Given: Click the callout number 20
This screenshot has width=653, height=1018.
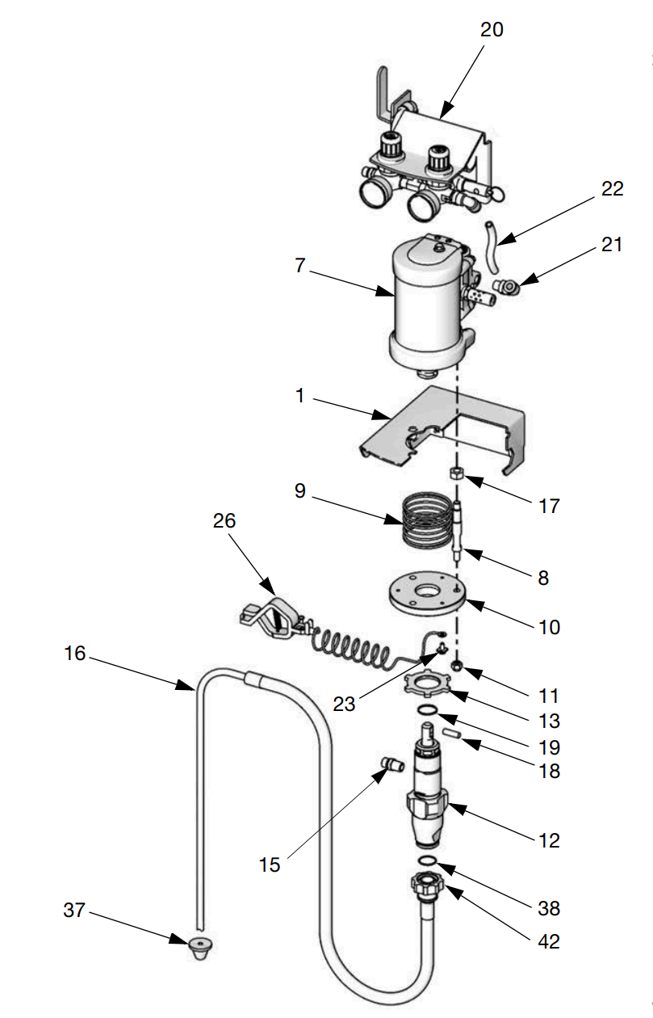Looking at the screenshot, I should coord(492,30).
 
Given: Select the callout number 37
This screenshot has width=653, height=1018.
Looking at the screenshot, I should coord(74,911).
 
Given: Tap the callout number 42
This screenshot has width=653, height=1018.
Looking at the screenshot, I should coord(549,942).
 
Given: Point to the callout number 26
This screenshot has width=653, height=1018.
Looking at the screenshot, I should coord(224,521).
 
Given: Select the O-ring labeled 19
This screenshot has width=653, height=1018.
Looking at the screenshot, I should coord(428,710).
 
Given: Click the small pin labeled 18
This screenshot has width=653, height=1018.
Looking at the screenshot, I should coord(450,734).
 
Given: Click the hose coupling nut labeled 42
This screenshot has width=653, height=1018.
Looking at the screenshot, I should coord(428,881).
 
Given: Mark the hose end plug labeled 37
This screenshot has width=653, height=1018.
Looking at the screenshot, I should coord(198,946).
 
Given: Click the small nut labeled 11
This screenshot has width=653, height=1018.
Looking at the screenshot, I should coord(456,666).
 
